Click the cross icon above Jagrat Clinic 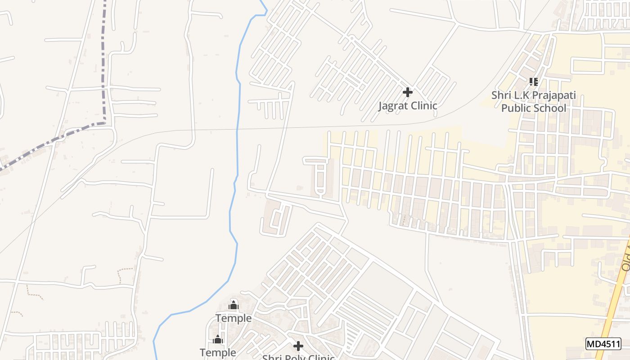tap(407, 92)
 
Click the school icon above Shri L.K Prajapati tap(533, 82)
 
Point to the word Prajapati tap(554, 95)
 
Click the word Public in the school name tap(515, 108)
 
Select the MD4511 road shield tap(603, 344)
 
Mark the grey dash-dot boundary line tap(105, 67)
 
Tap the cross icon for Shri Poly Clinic tap(298, 346)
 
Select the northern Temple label tap(233, 319)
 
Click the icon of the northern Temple tap(233, 306)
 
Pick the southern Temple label tap(218, 352)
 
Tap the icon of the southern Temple tap(218, 339)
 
